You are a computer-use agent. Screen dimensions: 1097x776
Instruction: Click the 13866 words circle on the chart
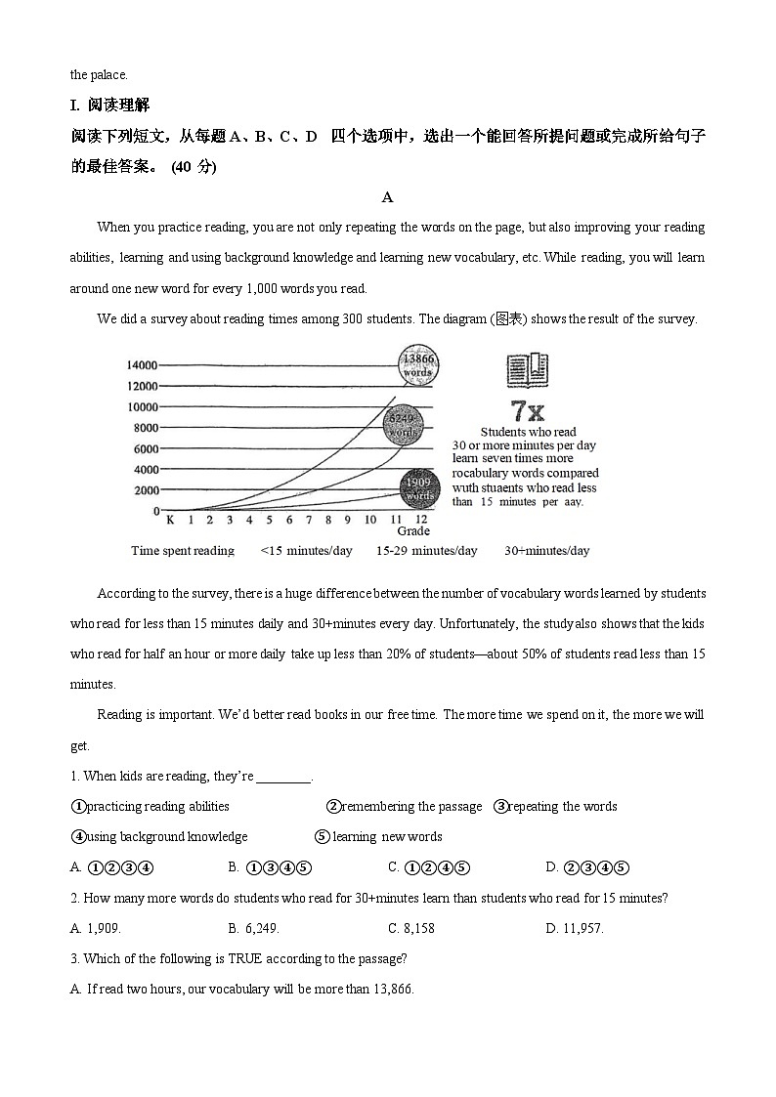tap(417, 365)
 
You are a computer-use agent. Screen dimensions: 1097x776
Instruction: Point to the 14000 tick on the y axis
tap(142, 365)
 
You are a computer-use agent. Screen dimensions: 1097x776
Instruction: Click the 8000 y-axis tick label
tap(145, 428)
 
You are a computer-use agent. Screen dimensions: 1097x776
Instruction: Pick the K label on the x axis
tap(170, 520)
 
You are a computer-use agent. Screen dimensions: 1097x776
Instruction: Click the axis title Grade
tap(412, 531)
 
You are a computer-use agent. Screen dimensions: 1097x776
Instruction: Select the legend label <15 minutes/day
tap(306, 551)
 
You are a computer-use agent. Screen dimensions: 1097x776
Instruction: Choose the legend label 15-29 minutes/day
tap(426, 551)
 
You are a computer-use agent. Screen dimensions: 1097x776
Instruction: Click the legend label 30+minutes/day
tap(546, 551)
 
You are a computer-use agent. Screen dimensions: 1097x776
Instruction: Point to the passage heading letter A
tap(387, 198)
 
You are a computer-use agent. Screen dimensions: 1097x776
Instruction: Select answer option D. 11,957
tap(574, 928)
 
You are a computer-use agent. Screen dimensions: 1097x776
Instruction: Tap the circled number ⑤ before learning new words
tap(322, 837)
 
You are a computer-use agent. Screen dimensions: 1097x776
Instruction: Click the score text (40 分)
tap(194, 167)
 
